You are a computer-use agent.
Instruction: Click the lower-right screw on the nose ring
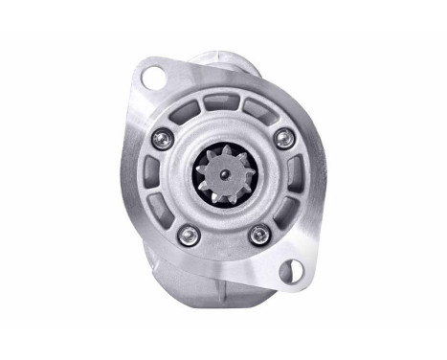point(256,233)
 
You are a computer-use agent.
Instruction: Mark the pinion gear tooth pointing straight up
point(222,149)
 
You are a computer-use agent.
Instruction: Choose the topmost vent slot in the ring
point(225,102)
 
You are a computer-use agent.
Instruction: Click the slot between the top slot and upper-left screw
point(193,109)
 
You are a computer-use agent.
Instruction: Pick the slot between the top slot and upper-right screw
point(257,109)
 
